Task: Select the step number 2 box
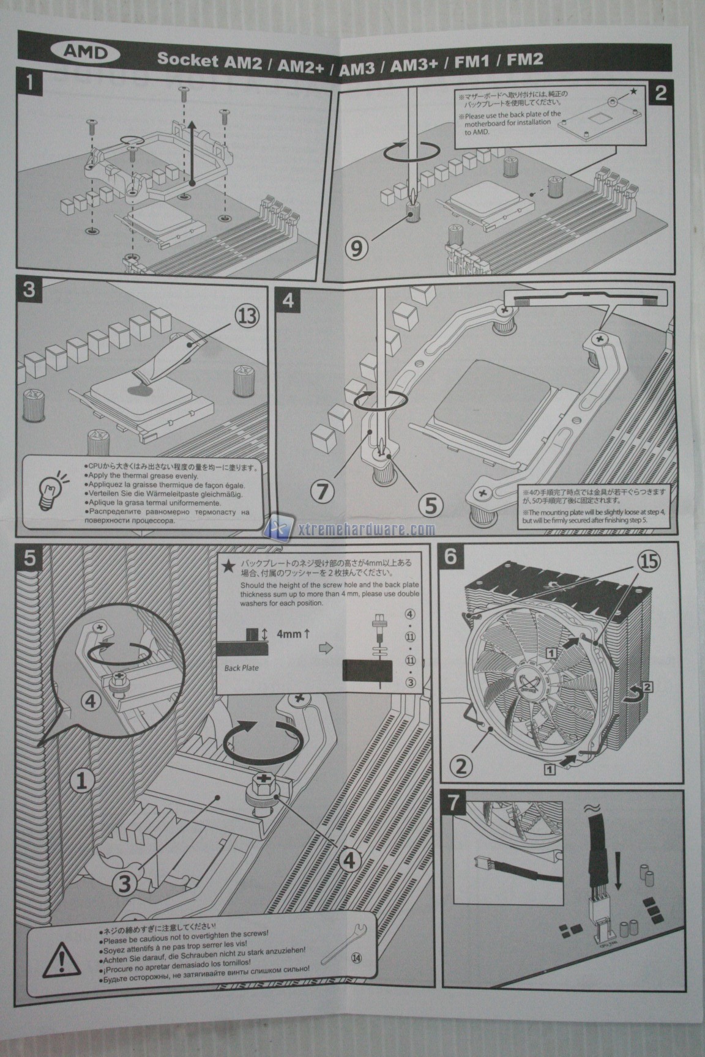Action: tap(660, 93)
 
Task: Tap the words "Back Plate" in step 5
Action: tap(241, 667)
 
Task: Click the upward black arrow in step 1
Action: tap(192, 150)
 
